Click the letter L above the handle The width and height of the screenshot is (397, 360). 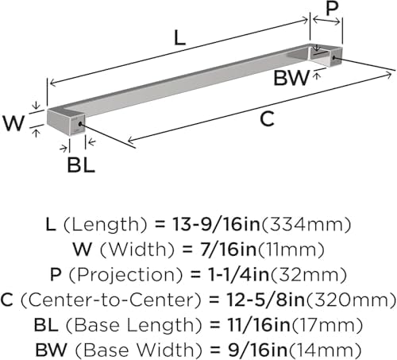click(180, 37)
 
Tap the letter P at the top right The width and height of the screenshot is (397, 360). click(332, 8)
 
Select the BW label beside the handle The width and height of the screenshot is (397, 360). click(291, 78)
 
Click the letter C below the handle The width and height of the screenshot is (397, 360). click(267, 119)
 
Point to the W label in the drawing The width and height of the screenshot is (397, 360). click(13, 123)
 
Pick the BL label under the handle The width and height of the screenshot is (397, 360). click(81, 165)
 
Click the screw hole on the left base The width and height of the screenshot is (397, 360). click(80, 124)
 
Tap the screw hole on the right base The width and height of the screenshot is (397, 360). click(333, 58)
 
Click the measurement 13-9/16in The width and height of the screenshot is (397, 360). click(216, 224)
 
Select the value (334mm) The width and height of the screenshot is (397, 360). click(306, 224)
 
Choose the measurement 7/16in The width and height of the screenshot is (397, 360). click(229, 250)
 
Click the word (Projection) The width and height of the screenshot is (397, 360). click(126, 275)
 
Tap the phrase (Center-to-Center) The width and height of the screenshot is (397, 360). click(111, 300)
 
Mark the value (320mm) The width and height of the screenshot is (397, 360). click(351, 300)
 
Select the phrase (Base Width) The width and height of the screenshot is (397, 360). click(139, 350)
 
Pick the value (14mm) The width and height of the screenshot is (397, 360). click(325, 350)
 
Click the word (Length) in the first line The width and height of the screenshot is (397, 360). click(105, 225)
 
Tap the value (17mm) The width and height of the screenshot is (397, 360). click(326, 325)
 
